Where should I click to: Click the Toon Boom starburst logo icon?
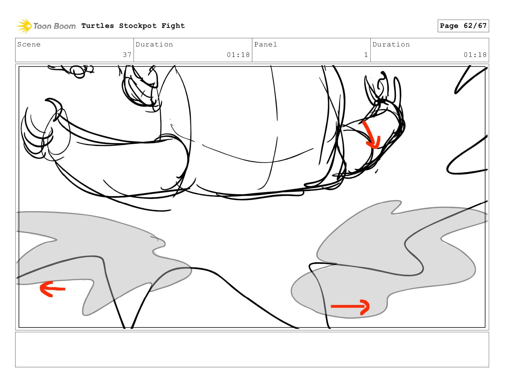click(24, 26)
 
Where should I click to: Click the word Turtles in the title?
click(98, 26)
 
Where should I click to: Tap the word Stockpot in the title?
click(138, 26)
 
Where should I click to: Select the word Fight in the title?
click(173, 26)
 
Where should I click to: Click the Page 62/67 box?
click(463, 26)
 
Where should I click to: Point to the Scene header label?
click(29, 44)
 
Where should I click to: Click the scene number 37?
click(127, 55)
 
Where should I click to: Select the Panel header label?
click(266, 44)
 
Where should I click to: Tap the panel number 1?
click(366, 55)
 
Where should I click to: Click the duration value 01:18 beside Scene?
click(238, 55)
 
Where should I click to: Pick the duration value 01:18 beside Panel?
click(475, 55)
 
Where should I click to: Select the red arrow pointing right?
click(350, 307)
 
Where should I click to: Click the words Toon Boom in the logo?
click(54, 26)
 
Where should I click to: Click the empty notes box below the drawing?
click(252, 350)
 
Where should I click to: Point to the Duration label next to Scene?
click(154, 44)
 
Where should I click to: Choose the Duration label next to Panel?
click(391, 44)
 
